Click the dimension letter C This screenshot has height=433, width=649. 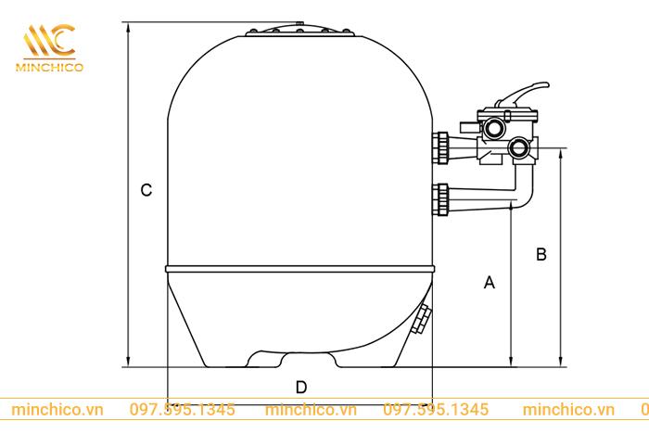point(146,190)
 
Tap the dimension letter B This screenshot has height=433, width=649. point(542,254)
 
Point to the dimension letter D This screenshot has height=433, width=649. point(300,386)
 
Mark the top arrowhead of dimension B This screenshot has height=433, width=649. point(561,152)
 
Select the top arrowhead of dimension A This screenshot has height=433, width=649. point(511,211)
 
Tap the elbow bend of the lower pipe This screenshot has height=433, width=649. point(522,197)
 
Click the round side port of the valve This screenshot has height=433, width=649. point(520,147)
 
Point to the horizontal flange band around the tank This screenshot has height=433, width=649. point(300,269)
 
